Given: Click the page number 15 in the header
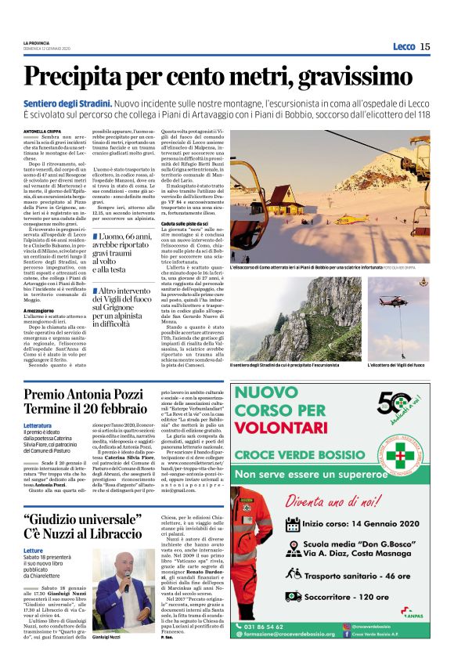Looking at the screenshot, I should pos(425,46).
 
